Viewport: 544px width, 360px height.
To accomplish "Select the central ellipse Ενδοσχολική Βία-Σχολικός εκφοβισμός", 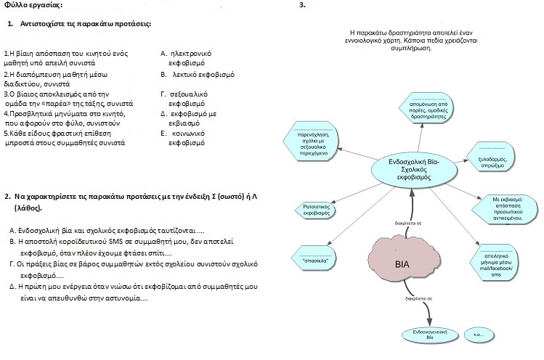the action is pos(413,170).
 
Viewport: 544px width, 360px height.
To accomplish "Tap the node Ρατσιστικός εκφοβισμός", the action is pos(316,210).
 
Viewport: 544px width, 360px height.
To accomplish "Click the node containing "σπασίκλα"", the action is pos(314,258).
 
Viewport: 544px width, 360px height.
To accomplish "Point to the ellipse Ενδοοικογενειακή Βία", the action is pos(429,335).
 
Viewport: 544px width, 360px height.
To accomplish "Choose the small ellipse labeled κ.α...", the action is pos(479,335).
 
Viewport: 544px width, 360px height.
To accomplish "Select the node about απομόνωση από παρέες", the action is pos(427,107).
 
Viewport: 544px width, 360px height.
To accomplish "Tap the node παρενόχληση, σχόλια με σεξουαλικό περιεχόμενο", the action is pos(311,141).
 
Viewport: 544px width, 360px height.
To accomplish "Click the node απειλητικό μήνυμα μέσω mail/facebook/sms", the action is pos(495,262).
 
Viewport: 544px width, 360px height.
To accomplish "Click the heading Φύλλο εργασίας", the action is pos(33,5).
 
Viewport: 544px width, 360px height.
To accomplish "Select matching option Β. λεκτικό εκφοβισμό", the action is pos(198,75).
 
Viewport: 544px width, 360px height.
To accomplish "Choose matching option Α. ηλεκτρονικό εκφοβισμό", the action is pos(186,58).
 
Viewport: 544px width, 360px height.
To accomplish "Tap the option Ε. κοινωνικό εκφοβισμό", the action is pos(183,138).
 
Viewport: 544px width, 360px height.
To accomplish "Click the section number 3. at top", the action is pos(303,5).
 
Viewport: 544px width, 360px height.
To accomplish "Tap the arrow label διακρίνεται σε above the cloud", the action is pos(408,224).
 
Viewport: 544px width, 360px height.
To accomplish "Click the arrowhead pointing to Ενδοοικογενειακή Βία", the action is pos(429,321).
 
